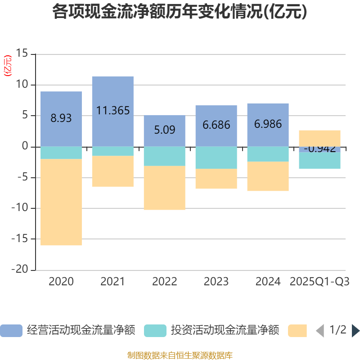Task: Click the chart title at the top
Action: pyautogui.click(x=180, y=12)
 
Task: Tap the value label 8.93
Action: pyautogui.click(x=61, y=118)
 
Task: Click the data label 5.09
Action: pyautogui.click(x=164, y=130)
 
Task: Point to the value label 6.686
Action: pyautogui.click(x=216, y=125)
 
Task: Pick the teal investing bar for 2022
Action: pyautogui.click(x=164, y=156)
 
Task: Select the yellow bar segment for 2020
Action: pyautogui.click(x=61, y=202)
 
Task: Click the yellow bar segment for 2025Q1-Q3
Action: pyautogui.click(x=319, y=138)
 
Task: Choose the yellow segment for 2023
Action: pyautogui.click(x=216, y=179)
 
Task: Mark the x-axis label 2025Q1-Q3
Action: pyautogui.click(x=319, y=282)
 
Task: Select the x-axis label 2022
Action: pyautogui.click(x=164, y=282)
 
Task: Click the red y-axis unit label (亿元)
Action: pyautogui.click(x=7, y=66)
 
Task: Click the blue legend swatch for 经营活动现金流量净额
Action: pyautogui.click(x=11, y=331)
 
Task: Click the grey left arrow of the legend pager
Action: pyautogui.click(x=320, y=331)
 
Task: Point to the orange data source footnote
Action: pyautogui.click(x=180, y=355)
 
